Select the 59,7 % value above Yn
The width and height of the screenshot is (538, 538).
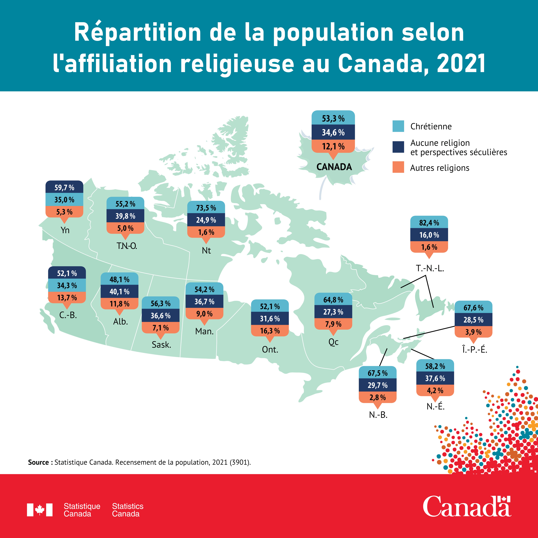coord(64,188)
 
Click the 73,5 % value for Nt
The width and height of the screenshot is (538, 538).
coord(206,208)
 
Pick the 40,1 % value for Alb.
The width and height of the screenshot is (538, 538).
coord(119,292)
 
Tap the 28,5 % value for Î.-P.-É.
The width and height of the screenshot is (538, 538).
coord(473,320)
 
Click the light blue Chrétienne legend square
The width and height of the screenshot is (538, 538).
coord(398,126)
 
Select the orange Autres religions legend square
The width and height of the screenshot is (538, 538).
coord(398,167)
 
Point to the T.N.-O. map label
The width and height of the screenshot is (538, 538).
coord(127,246)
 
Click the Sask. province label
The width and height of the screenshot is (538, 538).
coord(161,345)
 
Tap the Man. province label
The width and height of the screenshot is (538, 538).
coord(204,331)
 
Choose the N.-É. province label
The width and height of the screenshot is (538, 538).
coord(436,407)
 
